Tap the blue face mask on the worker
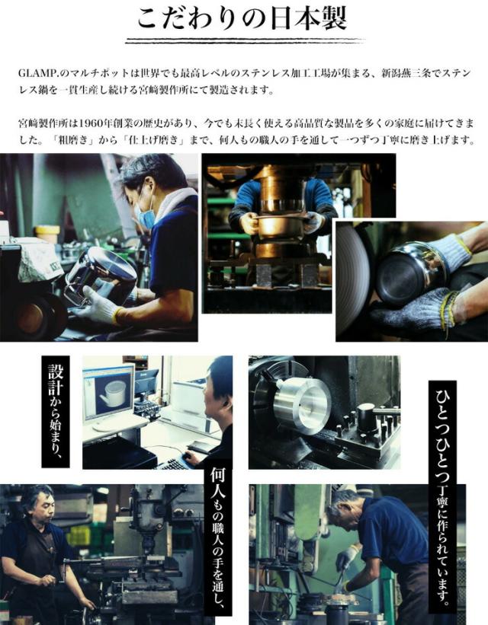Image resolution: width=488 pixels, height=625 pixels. (146, 216)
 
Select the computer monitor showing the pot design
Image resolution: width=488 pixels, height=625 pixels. (108, 392)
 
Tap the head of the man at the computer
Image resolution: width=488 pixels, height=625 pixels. (220, 381)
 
